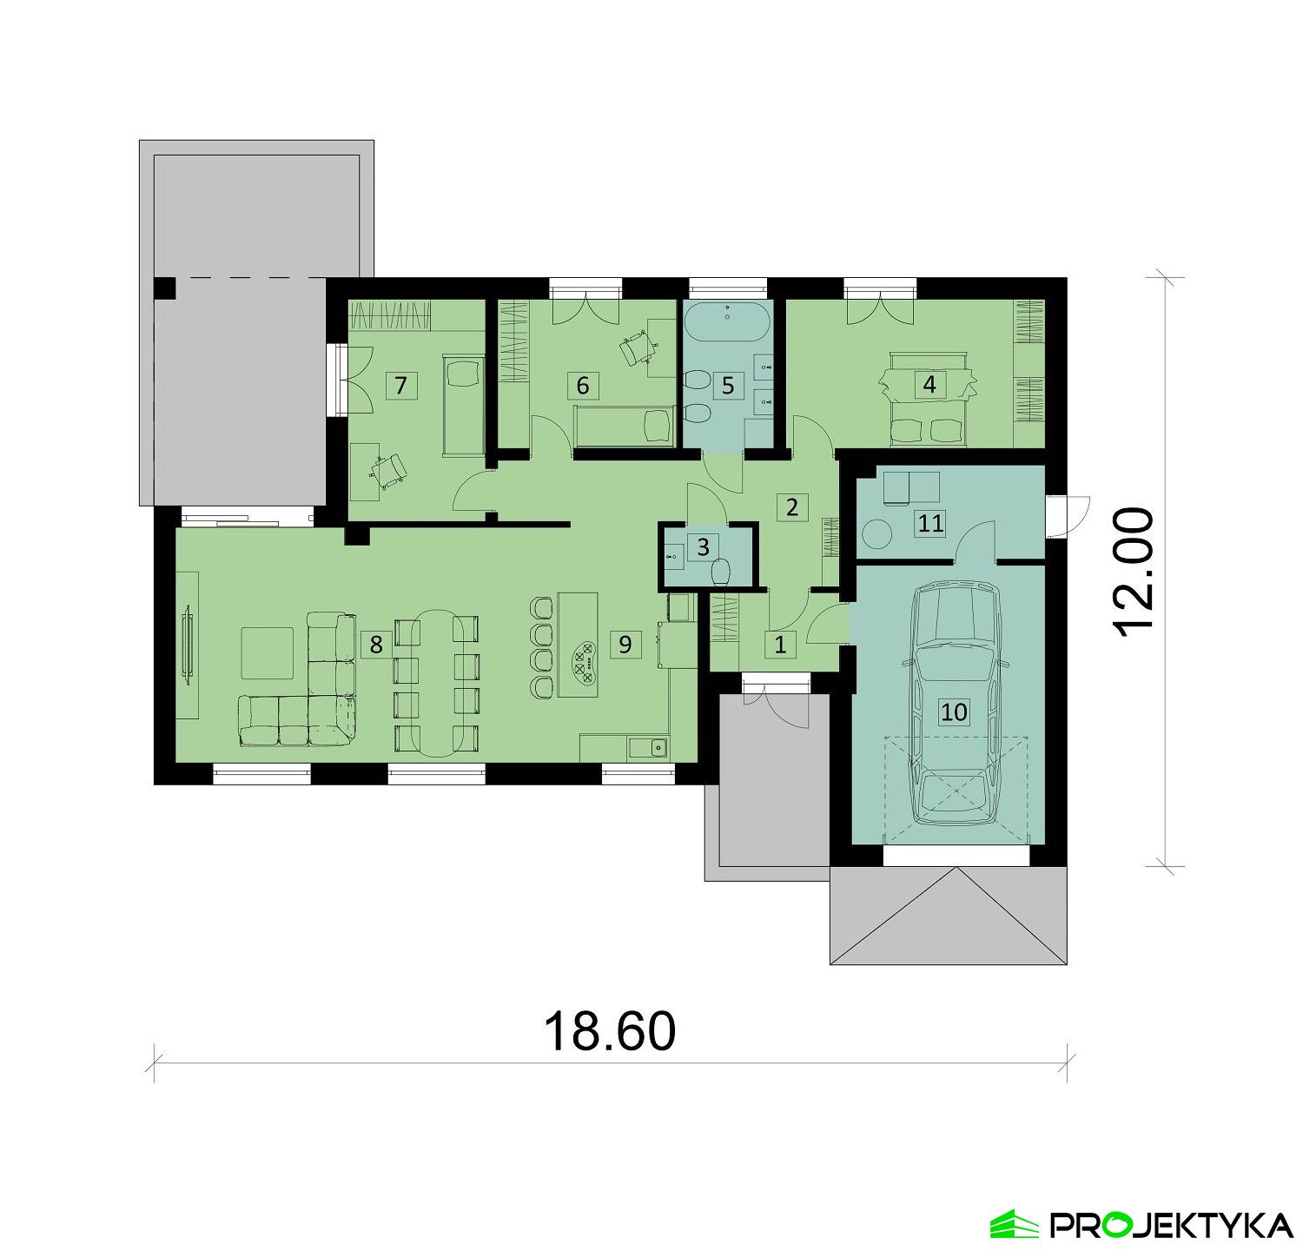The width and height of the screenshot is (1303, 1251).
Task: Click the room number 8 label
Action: tap(375, 645)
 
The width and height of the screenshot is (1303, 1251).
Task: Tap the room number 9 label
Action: tap(625, 645)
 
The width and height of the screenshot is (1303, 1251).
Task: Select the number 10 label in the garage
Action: tap(953, 712)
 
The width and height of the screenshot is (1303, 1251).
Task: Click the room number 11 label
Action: tap(930, 523)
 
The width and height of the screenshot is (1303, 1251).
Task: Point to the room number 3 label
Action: tap(703, 547)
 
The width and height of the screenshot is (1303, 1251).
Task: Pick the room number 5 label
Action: tap(728, 385)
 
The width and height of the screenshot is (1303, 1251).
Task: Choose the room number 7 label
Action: tap(400, 385)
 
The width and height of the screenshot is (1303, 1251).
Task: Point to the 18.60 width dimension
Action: tap(609, 1031)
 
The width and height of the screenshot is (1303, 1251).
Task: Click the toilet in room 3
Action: tap(720, 572)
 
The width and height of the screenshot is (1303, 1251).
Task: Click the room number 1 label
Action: tap(780, 645)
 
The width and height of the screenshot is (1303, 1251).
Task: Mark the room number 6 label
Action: tap(583, 385)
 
